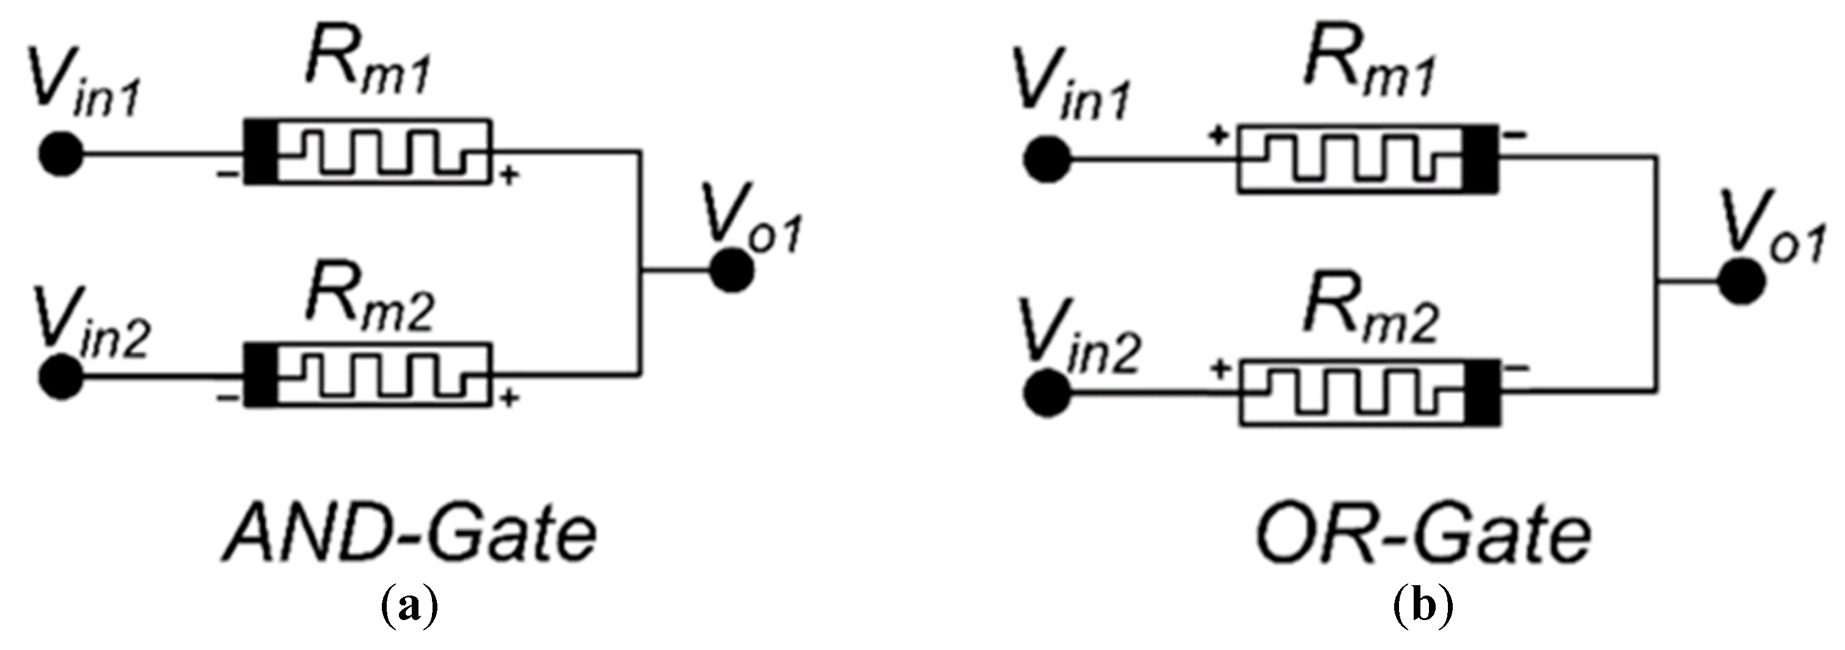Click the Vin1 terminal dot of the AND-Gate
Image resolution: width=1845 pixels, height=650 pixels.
click(61, 154)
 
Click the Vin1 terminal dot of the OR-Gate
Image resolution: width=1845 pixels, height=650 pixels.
click(1047, 159)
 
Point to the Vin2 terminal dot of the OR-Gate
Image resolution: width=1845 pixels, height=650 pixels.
click(1047, 393)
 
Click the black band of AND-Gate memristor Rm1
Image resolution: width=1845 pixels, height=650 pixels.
click(261, 151)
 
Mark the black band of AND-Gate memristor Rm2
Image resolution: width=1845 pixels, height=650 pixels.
click(261, 375)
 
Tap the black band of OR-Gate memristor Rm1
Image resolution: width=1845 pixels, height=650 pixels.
click(1480, 159)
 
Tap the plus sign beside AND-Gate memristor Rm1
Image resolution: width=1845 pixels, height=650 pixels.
click(508, 175)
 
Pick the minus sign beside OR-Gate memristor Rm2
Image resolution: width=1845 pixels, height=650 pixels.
click(1517, 368)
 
